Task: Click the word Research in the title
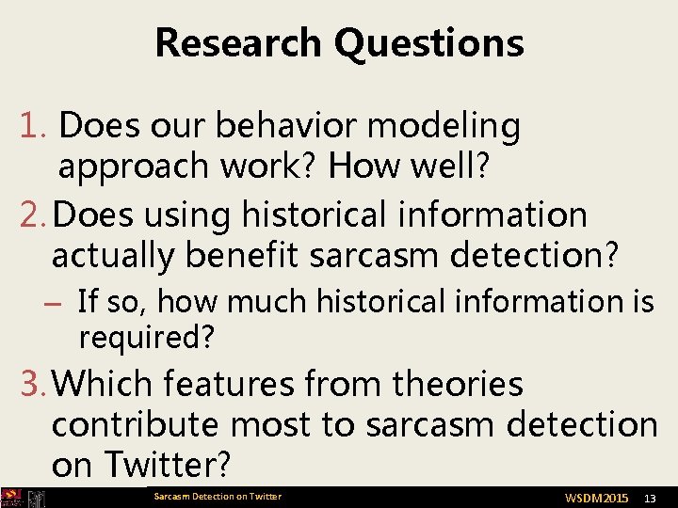239,43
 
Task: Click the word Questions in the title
428,43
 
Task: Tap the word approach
133,167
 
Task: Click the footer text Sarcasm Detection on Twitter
218,497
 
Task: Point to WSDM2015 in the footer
596,497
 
